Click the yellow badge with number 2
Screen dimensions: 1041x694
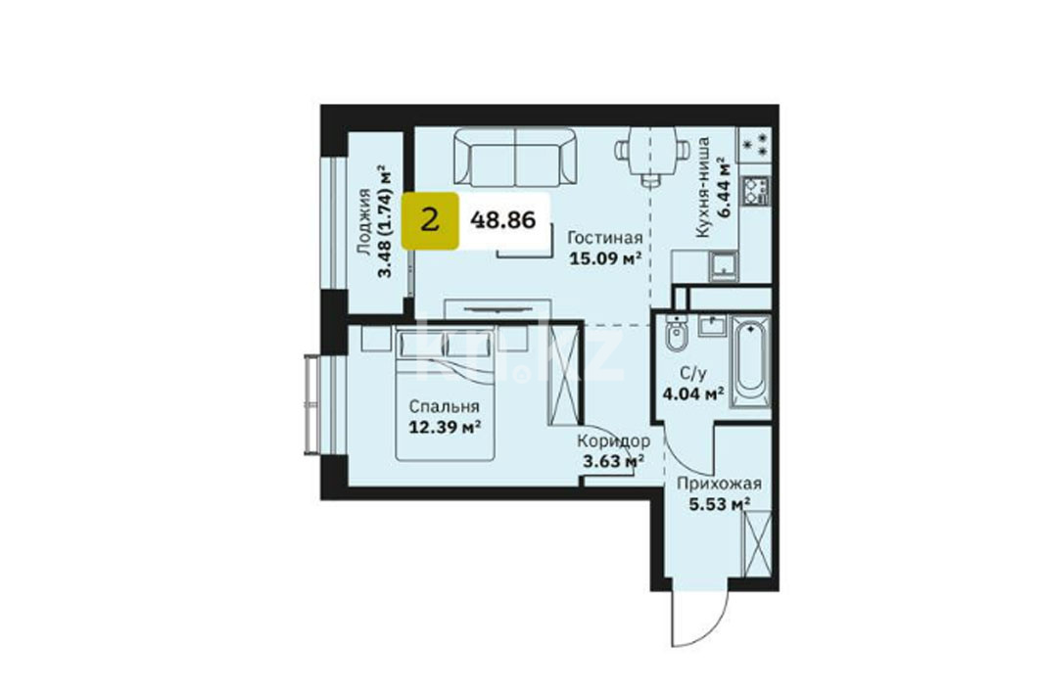(x=430, y=220)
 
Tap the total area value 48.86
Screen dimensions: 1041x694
(x=502, y=219)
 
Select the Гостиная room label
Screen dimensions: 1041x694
(x=605, y=238)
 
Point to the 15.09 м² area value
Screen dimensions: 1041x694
(x=605, y=258)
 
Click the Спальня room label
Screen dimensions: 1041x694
(x=445, y=406)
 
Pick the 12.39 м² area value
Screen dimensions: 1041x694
(x=445, y=427)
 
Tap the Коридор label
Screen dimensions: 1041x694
(x=613, y=440)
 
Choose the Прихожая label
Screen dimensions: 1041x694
(x=719, y=485)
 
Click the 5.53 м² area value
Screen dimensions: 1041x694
(x=719, y=505)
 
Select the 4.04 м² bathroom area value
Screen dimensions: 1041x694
(x=693, y=394)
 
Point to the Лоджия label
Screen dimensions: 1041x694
(x=363, y=221)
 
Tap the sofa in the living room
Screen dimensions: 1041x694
(x=514, y=158)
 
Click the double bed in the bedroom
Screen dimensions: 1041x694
(x=445, y=393)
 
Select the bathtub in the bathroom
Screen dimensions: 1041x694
(x=750, y=361)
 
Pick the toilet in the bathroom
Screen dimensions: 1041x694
(x=676, y=336)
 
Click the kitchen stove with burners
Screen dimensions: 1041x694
(x=756, y=191)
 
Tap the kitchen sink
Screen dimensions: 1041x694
(x=722, y=264)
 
